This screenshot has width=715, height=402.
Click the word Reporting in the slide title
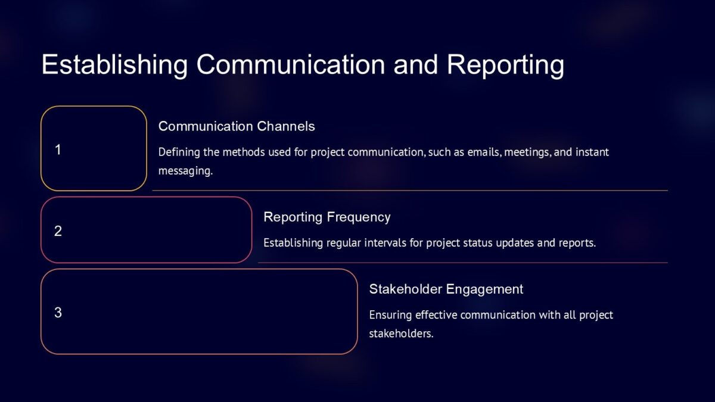click(x=506, y=65)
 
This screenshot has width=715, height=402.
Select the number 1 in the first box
click(x=58, y=150)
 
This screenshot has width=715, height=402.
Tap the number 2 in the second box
click(x=58, y=231)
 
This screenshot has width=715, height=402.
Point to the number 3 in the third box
click(x=58, y=313)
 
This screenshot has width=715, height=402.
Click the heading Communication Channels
click(x=237, y=126)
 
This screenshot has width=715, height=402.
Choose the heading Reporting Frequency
click(x=327, y=217)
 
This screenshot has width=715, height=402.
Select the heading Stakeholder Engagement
click(x=446, y=289)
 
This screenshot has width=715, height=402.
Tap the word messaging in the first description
click(x=185, y=172)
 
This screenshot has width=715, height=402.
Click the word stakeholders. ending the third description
click(x=401, y=334)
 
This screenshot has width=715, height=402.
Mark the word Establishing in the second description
click(x=293, y=243)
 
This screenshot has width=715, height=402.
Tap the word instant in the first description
click(x=592, y=152)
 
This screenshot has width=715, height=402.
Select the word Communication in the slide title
click(x=291, y=65)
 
